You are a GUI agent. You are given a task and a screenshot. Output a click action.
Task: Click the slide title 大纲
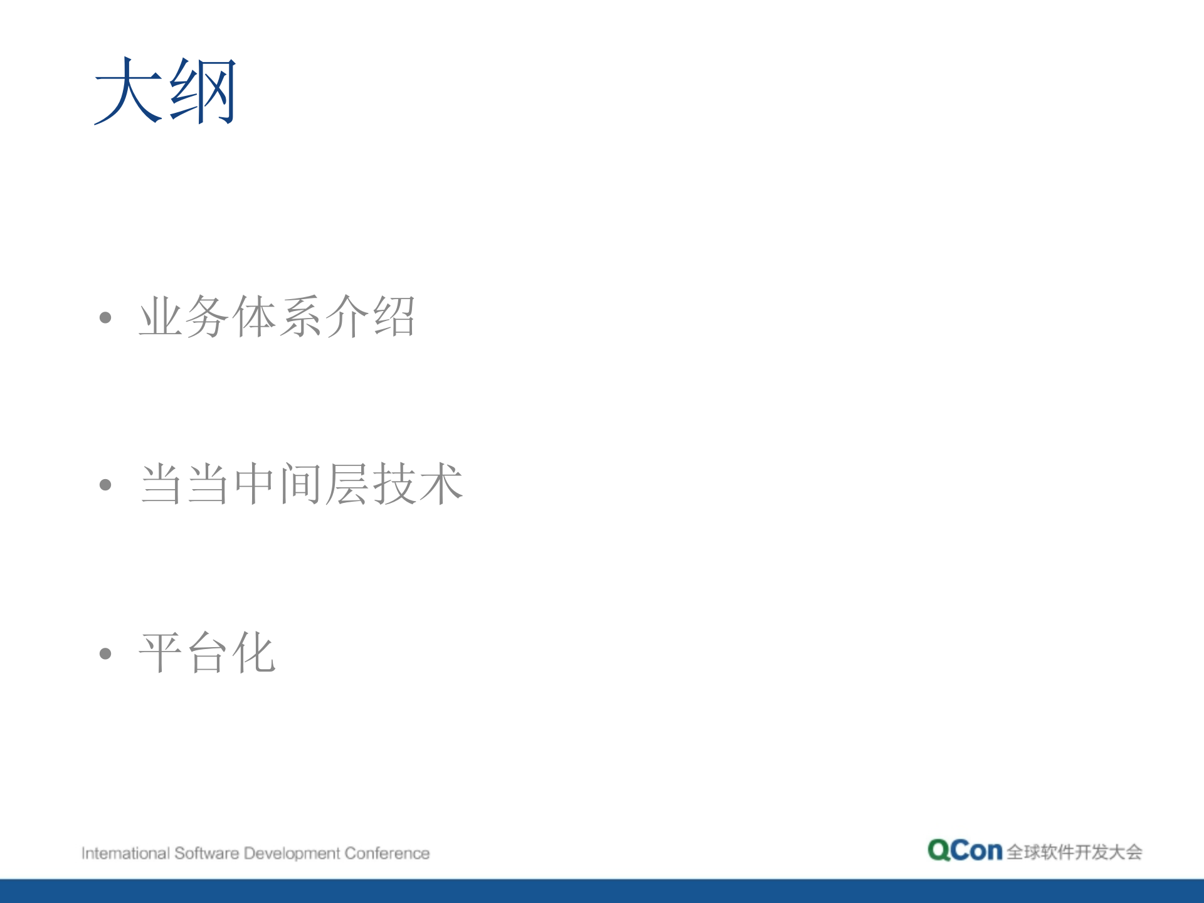166,90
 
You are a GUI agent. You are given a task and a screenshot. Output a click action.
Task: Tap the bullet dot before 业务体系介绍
105,317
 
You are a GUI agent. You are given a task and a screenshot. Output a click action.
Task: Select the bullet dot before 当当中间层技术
105,485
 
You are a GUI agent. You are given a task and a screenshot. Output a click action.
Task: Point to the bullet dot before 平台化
105,653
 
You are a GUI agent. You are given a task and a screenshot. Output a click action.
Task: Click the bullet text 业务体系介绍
277,317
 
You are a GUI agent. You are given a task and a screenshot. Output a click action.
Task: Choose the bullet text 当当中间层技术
301,484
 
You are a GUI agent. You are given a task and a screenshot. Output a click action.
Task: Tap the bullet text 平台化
207,652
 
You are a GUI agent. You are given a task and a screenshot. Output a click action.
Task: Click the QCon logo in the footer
965,850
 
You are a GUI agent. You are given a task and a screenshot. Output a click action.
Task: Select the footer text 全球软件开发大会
1074,852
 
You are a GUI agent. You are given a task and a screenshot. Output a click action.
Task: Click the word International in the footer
125,853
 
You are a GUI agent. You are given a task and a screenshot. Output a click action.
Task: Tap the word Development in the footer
292,854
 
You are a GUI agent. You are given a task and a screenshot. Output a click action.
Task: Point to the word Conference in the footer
387,853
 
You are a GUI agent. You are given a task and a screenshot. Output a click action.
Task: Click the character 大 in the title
129,90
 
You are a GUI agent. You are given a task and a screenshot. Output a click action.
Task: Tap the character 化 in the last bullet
253,652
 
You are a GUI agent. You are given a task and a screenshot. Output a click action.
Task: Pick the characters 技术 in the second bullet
418,484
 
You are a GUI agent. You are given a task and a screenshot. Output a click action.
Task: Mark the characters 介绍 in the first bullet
371,317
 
